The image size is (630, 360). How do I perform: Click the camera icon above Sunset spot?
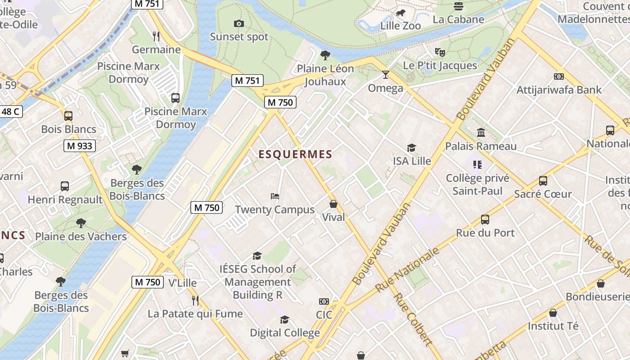[x=239, y=23]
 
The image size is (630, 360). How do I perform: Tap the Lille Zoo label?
[x=400, y=26]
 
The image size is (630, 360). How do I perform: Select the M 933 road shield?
[x=79, y=146]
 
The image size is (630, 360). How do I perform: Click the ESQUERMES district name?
[x=295, y=154]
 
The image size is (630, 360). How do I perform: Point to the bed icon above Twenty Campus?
[x=275, y=196]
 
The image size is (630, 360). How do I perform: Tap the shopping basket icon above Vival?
[x=333, y=204]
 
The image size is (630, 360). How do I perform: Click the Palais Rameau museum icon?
[x=481, y=133]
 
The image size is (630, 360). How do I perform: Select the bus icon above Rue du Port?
[x=485, y=220]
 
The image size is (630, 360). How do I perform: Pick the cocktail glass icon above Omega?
[x=385, y=75]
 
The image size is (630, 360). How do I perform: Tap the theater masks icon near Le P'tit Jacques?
[x=440, y=52]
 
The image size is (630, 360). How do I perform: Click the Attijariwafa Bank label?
[x=558, y=90]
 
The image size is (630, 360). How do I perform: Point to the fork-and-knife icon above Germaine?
[x=156, y=36]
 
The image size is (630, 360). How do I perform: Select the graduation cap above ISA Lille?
[x=411, y=148]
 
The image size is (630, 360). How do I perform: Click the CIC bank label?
[x=324, y=315]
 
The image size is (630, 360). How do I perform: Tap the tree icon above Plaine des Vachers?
[x=81, y=223]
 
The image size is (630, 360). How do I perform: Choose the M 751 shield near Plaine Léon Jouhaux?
[x=247, y=81]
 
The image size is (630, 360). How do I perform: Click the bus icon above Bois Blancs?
[x=68, y=116]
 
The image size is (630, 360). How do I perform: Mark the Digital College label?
[x=285, y=333]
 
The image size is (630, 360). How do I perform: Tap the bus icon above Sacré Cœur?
[x=543, y=181]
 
